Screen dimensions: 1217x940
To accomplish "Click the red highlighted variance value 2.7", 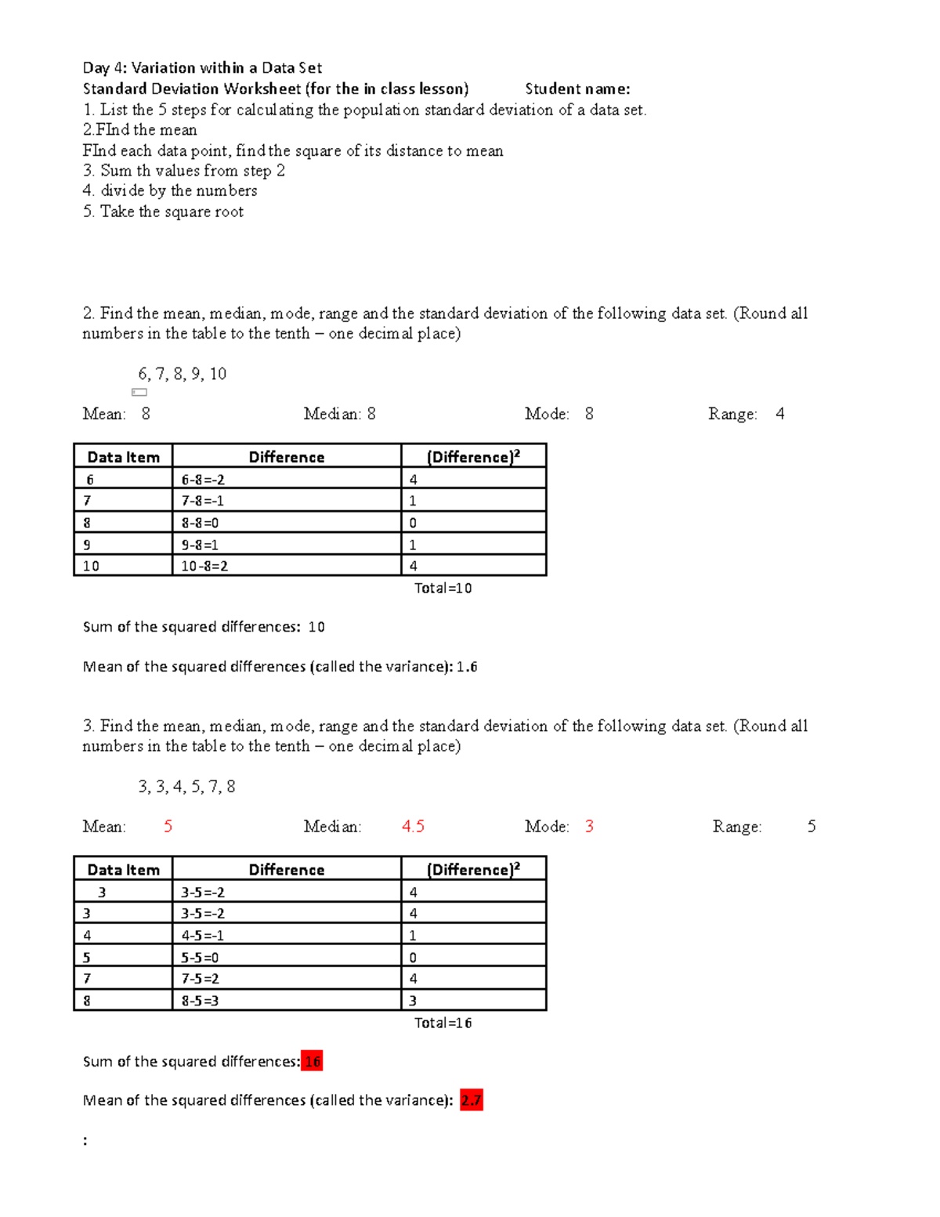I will click(x=471, y=1100).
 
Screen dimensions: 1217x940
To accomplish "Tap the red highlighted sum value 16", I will click(x=312, y=1061).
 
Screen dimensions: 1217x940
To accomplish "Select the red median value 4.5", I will click(x=413, y=826).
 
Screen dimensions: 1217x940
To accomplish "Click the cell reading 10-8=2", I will click(x=204, y=566).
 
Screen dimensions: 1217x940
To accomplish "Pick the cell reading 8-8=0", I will click(x=200, y=523).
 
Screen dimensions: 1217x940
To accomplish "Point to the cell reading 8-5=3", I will click(x=200, y=1001).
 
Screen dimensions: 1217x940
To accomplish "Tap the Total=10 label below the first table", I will click(x=443, y=588).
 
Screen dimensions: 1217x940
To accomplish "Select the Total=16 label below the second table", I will click(x=443, y=1023).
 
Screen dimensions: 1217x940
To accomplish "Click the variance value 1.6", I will click(x=467, y=667).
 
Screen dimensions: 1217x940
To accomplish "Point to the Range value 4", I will click(x=779, y=414).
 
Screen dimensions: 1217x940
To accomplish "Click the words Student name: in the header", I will click(x=577, y=89).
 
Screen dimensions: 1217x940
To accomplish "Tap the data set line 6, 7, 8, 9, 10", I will click(x=182, y=374).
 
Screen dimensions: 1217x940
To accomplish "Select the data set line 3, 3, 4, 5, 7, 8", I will click(x=186, y=787).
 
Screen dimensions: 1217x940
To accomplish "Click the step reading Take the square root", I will click(x=171, y=212).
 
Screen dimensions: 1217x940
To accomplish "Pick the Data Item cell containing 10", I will click(x=91, y=566).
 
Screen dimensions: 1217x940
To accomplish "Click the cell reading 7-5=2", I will click(x=200, y=979).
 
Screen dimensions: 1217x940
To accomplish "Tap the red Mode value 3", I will click(x=589, y=826).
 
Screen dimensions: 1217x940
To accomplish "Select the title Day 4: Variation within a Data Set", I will click(x=202, y=67).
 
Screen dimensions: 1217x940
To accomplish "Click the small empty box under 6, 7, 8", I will click(x=139, y=393).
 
